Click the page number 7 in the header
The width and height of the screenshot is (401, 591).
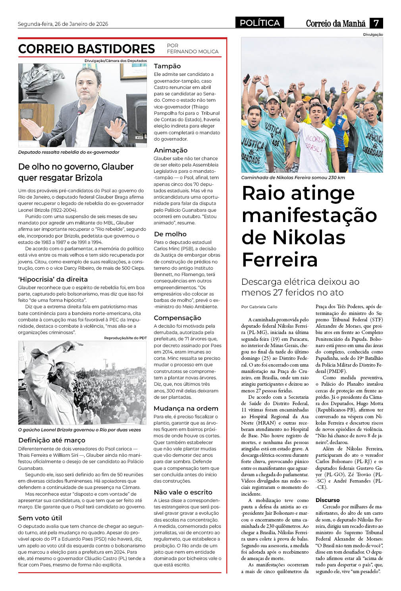click(376, 23)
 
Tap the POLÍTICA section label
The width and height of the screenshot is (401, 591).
click(260, 23)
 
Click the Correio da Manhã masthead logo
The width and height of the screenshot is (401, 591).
click(335, 23)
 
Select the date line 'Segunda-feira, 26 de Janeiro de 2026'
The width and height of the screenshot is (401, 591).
click(63, 24)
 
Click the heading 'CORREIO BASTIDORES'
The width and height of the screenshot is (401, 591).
click(87, 49)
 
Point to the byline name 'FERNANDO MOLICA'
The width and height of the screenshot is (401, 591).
click(193, 52)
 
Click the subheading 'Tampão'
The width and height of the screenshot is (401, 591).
click(167, 66)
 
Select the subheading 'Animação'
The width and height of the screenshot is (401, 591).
click(170, 150)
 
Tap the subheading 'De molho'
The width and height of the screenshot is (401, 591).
click(170, 234)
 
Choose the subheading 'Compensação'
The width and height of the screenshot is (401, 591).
click(177, 318)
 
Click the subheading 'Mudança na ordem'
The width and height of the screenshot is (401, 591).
click(186, 408)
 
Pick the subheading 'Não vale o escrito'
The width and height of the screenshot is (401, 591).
click(183, 492)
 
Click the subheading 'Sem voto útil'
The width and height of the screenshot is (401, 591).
click(40, 518)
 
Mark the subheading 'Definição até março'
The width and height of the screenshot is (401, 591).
click(52, 440)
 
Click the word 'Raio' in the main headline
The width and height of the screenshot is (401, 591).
click(264, 193)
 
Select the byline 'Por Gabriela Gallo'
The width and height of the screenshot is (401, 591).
click(259, 307)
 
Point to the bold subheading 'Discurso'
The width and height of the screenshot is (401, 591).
click(328, 500)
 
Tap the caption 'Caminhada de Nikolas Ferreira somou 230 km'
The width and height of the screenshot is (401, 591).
click(293, 178)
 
